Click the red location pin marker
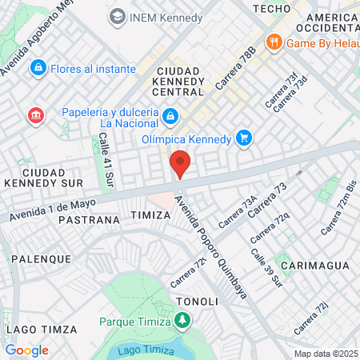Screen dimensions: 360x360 coord(181,163)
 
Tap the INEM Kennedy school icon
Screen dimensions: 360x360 coord(118,16)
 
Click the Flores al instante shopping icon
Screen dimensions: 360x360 coord(38,69)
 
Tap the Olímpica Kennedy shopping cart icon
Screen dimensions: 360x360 coord(244,139)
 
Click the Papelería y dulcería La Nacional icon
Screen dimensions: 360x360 coord(170,118)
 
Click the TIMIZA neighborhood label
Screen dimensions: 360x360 coord(150,215)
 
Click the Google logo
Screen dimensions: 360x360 coord(26,350)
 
